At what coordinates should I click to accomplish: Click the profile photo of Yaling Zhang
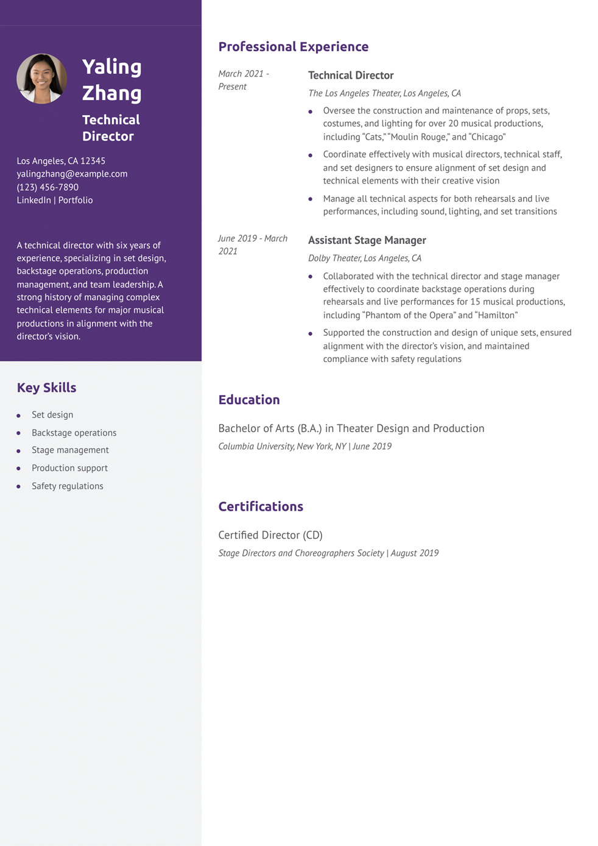coord(41,79)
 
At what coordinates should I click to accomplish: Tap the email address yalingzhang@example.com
coord(72,174)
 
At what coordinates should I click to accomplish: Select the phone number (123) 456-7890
coord(47,187)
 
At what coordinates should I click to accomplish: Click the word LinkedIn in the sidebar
coord(33,200)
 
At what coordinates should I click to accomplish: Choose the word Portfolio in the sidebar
coord(76,200)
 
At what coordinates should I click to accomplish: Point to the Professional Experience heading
coord(293,47)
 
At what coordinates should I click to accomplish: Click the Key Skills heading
coord(46,388)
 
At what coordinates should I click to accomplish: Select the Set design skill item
coord(52,415)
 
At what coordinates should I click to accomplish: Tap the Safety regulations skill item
coord(67,486)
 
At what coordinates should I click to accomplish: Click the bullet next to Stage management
coord(18,451)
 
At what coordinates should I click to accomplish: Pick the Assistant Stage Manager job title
coord(367,240)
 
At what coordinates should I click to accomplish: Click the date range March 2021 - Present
coord(244,80)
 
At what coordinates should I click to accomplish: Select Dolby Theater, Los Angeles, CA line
coord(364,258)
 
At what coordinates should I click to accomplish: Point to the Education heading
coord(248,400)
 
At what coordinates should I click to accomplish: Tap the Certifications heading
coord(261,507)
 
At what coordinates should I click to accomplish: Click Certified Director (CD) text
coord(270,535)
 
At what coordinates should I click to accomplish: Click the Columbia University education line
coord(304,446)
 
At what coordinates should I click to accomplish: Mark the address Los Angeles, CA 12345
coord(61,161)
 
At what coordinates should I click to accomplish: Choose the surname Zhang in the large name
coord(112,93)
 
